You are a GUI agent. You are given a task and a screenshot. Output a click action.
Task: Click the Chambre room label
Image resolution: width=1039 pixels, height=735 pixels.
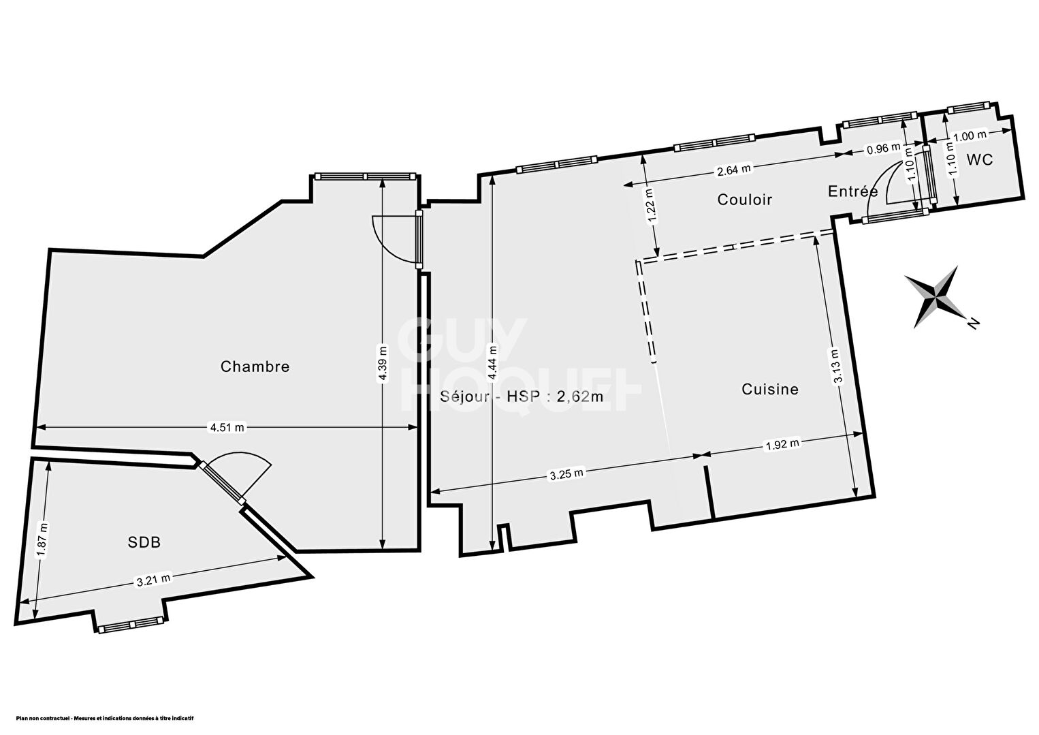point(255,366)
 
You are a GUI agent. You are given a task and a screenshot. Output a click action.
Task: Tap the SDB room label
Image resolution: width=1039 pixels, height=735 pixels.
point(144,542)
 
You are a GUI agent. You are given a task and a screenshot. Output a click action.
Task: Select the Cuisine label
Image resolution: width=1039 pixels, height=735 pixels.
point(770,389)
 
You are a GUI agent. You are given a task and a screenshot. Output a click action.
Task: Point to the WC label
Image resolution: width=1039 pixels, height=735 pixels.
point(980,159)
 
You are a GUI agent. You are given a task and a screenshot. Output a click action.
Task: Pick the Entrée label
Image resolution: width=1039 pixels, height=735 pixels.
point(852,191)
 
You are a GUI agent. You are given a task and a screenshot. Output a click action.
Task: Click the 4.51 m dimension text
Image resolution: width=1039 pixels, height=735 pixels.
point(227,427)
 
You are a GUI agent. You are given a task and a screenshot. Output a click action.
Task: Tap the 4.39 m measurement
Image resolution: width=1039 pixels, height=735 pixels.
point(383,364)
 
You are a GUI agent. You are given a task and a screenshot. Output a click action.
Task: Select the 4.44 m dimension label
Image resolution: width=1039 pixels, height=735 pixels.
point(492,363)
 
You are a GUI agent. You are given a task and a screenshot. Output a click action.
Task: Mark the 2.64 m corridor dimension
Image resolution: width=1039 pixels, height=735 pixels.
point(734,170)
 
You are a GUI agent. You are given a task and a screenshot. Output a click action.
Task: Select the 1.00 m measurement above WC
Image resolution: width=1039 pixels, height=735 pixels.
point(970,136)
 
